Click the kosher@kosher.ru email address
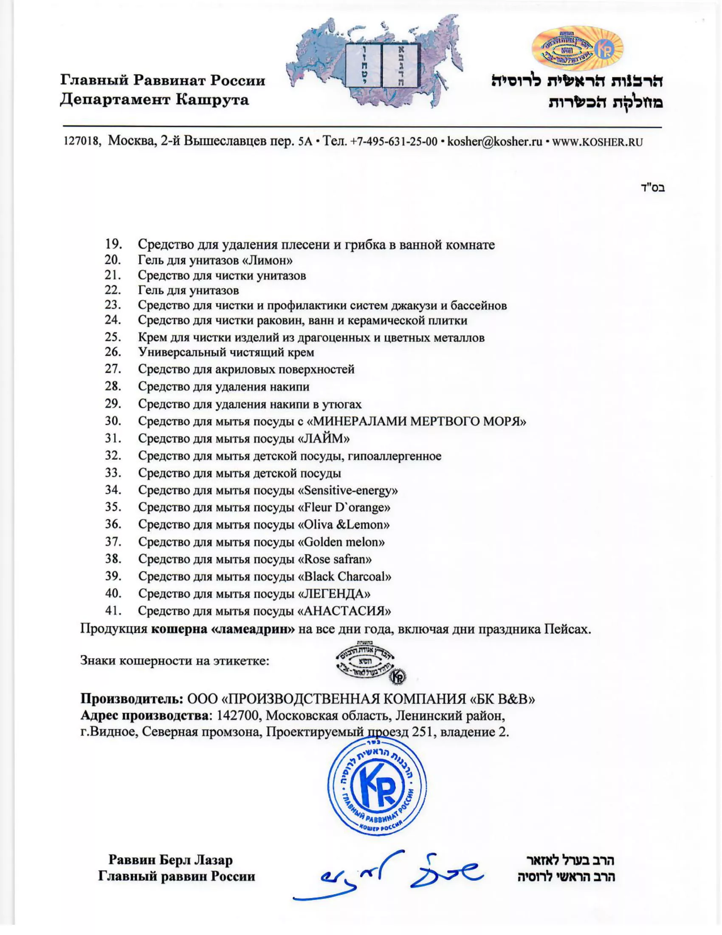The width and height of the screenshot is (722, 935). tap(494, 142)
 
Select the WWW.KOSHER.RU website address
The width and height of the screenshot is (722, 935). tap(598, 142)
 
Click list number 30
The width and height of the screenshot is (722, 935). tap(113, 421)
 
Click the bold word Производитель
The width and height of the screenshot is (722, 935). tap(132, 699)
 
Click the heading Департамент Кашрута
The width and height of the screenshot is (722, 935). tap(154, 100)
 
